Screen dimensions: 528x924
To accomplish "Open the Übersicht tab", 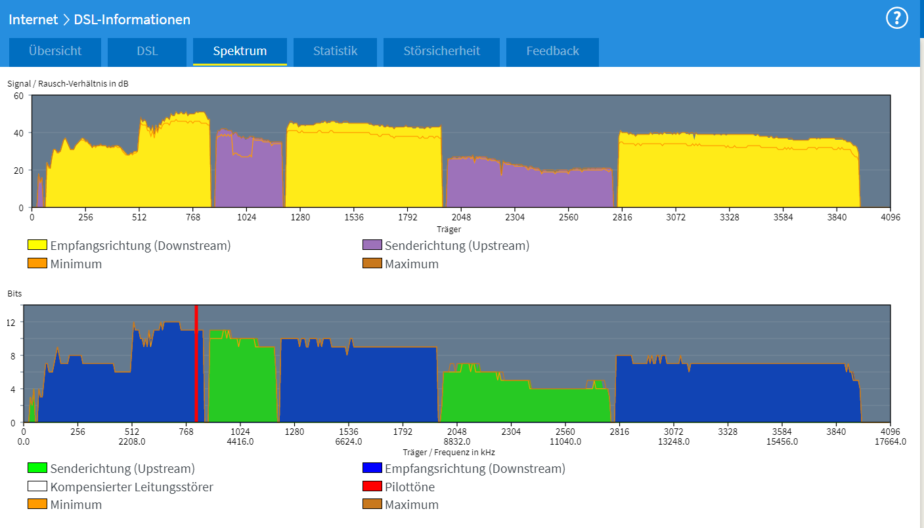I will point(55,51).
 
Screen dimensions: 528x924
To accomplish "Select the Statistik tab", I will point(335,51).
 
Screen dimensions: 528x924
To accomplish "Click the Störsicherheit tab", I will point(441,51).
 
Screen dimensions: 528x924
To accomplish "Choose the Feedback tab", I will point(552,51).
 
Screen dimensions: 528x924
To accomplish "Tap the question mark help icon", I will point(896,18).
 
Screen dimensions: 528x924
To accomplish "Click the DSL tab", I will point(147,51).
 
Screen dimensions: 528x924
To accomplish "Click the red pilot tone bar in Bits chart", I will point(196,364).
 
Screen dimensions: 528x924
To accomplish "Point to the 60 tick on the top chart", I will point(19,96).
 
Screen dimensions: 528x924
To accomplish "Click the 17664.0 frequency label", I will point(890,441).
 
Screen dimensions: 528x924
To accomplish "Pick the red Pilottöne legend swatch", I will point(372,487).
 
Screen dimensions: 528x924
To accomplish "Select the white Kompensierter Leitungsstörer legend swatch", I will point(37,487).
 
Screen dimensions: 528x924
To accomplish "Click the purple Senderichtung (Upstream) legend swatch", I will point(372,245).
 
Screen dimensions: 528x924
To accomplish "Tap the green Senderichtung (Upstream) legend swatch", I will point(37,468).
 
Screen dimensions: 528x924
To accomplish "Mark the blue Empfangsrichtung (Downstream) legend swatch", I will point(372,468).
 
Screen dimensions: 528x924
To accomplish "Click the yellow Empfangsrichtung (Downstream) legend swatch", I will point(37,245).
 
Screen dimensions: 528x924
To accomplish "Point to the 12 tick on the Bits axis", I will point(11,322).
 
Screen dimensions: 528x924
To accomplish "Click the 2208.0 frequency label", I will point(131,441).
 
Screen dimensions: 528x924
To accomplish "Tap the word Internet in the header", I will point(33,20).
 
